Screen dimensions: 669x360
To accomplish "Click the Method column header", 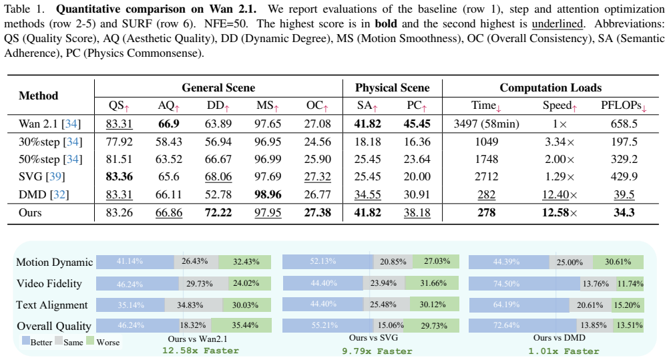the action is [x=39, y=96].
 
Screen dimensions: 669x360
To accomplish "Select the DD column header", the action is [x=218, y=106].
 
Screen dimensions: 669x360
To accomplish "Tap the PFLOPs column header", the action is [x=624, y=106].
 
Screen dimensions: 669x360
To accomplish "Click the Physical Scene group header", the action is [x=392, y=87].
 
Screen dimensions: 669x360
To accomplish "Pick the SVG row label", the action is [x=42, y=176].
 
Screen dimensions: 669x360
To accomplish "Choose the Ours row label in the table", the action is [x=30, y=212].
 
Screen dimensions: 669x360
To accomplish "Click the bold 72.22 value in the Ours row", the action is [x=218, y=212].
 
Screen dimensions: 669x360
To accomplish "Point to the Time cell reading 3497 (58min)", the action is [x=486, y=124].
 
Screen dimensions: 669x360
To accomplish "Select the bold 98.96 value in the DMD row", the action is [x=268, y=194].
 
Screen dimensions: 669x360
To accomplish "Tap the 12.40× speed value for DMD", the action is [x=560, y=195].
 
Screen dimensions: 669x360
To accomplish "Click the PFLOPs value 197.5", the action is [x=624, y=142].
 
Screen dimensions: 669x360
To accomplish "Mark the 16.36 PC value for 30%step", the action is [x=417, y=142].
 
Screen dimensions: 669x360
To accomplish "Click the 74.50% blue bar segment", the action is [x=524, y=284].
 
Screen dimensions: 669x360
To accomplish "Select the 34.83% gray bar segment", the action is [x=194, y=305].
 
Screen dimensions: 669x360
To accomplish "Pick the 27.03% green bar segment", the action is [x=435, y=261].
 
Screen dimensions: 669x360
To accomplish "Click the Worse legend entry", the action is [x=103, y=342].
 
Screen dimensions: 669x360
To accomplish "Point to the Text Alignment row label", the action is [x=51, y=305].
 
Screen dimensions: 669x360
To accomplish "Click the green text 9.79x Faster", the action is [x=377, y=351].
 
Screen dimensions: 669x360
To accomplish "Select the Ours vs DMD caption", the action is [x=559, y=338].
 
